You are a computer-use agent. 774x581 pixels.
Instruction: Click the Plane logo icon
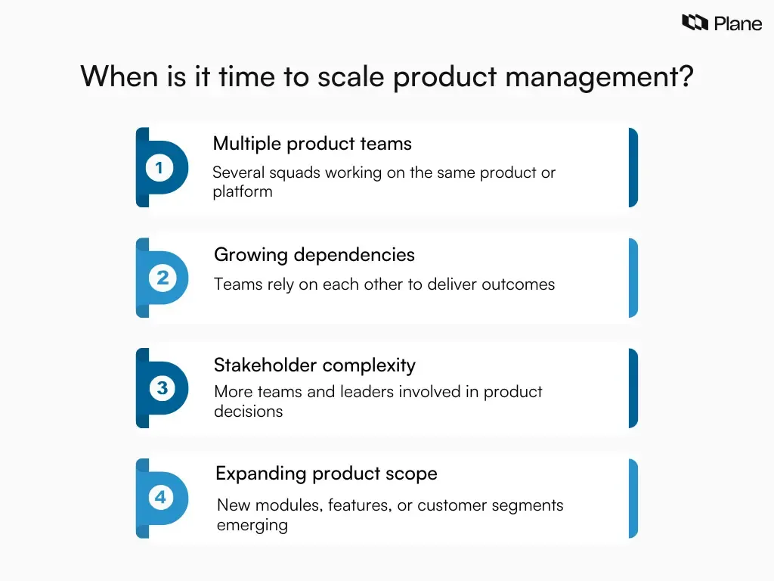[x=695, y=23]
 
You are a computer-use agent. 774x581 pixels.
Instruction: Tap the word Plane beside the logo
[x=738, y=23]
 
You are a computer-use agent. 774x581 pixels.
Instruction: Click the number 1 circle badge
[x=159, y=168]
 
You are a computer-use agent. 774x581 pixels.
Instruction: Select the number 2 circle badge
[x=163, y=278]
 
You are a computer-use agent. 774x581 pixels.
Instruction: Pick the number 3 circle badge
[x=162, y=389]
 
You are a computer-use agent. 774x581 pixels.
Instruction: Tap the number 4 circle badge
[x=160, y=498]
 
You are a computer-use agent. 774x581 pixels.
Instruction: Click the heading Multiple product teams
[x=312, y=144]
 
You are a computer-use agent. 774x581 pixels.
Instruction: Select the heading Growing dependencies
[x=314, y=255]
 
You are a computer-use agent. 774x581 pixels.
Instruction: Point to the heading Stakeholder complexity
[x=314, y=365]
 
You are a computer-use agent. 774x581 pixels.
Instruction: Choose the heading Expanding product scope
[x=327, y=474]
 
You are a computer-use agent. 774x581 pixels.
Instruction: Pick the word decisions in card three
[x=249, y=412]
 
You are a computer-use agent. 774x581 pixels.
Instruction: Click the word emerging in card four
[x=252, y=525]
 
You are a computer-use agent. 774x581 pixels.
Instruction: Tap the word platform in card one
[x=243, y=191]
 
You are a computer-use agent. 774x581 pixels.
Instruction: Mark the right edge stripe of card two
[x=633, y=278]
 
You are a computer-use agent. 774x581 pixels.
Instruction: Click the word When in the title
[x=109, y=77]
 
